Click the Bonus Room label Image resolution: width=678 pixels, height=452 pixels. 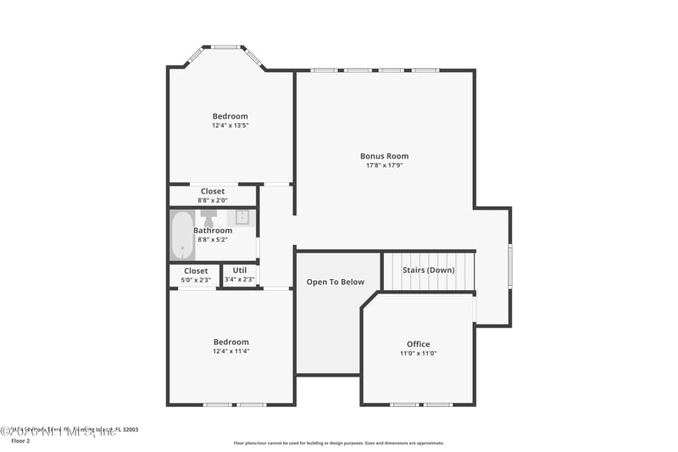[384, 156]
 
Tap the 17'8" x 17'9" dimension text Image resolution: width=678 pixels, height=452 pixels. [384, 165]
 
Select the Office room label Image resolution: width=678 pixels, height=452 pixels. [418, 344]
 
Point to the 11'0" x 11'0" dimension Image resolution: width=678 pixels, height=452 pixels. [418, 354]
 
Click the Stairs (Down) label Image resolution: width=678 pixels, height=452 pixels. [428, 271]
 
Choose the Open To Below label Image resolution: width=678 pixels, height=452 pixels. [336, 282]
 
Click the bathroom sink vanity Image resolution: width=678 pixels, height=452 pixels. [242, 217]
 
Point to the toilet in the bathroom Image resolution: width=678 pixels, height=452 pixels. [208, 219]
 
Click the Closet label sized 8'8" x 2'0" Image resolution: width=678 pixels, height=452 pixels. [213, 192]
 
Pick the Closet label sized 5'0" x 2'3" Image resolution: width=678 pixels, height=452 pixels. [196, 271]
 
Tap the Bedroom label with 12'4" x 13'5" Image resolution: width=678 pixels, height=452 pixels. [231, 116]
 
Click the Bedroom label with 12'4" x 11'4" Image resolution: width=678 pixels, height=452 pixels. [231, 342]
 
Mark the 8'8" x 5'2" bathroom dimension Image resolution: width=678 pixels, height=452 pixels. [213, 240]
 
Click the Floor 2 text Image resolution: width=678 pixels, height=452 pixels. [19, 441]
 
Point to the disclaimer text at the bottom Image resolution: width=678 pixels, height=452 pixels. [338, 443]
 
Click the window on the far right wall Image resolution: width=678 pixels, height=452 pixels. [510, 266]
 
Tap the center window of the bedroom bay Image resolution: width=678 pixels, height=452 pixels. [225, 47]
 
